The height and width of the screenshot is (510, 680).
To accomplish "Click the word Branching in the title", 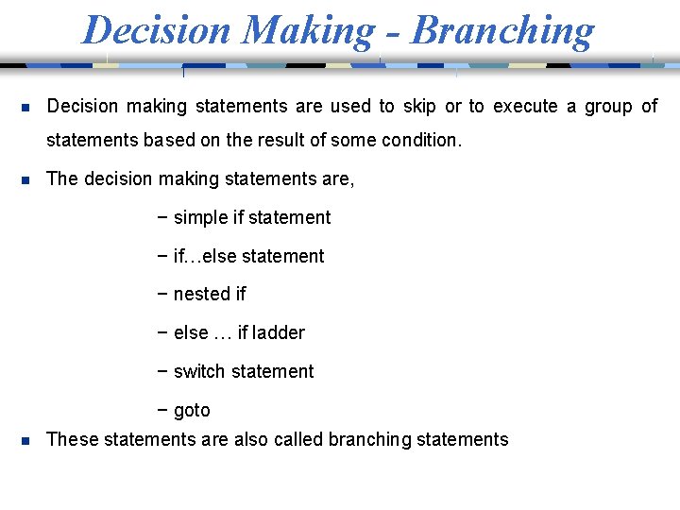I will (x=503, y=30).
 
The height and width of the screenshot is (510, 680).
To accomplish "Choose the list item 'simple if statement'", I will (x=251, y=217).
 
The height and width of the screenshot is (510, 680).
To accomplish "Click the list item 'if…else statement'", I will (x=248, y=256).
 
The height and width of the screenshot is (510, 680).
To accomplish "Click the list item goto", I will (x=192, y=410).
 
